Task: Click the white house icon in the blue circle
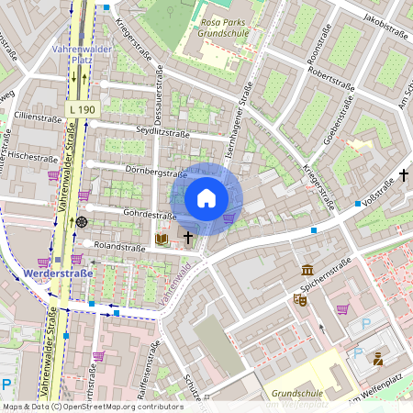pos(206,198)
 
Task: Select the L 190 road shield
pos(82,109)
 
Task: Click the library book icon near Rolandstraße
pos(162,239)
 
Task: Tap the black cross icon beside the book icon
pos(188,238)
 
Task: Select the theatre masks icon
pos(299,299)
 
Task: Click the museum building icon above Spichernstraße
pos(307,270)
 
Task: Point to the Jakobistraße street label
pos(385,24)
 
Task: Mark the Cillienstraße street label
pos(37,117)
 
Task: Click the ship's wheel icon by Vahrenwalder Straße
pos(82,221)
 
